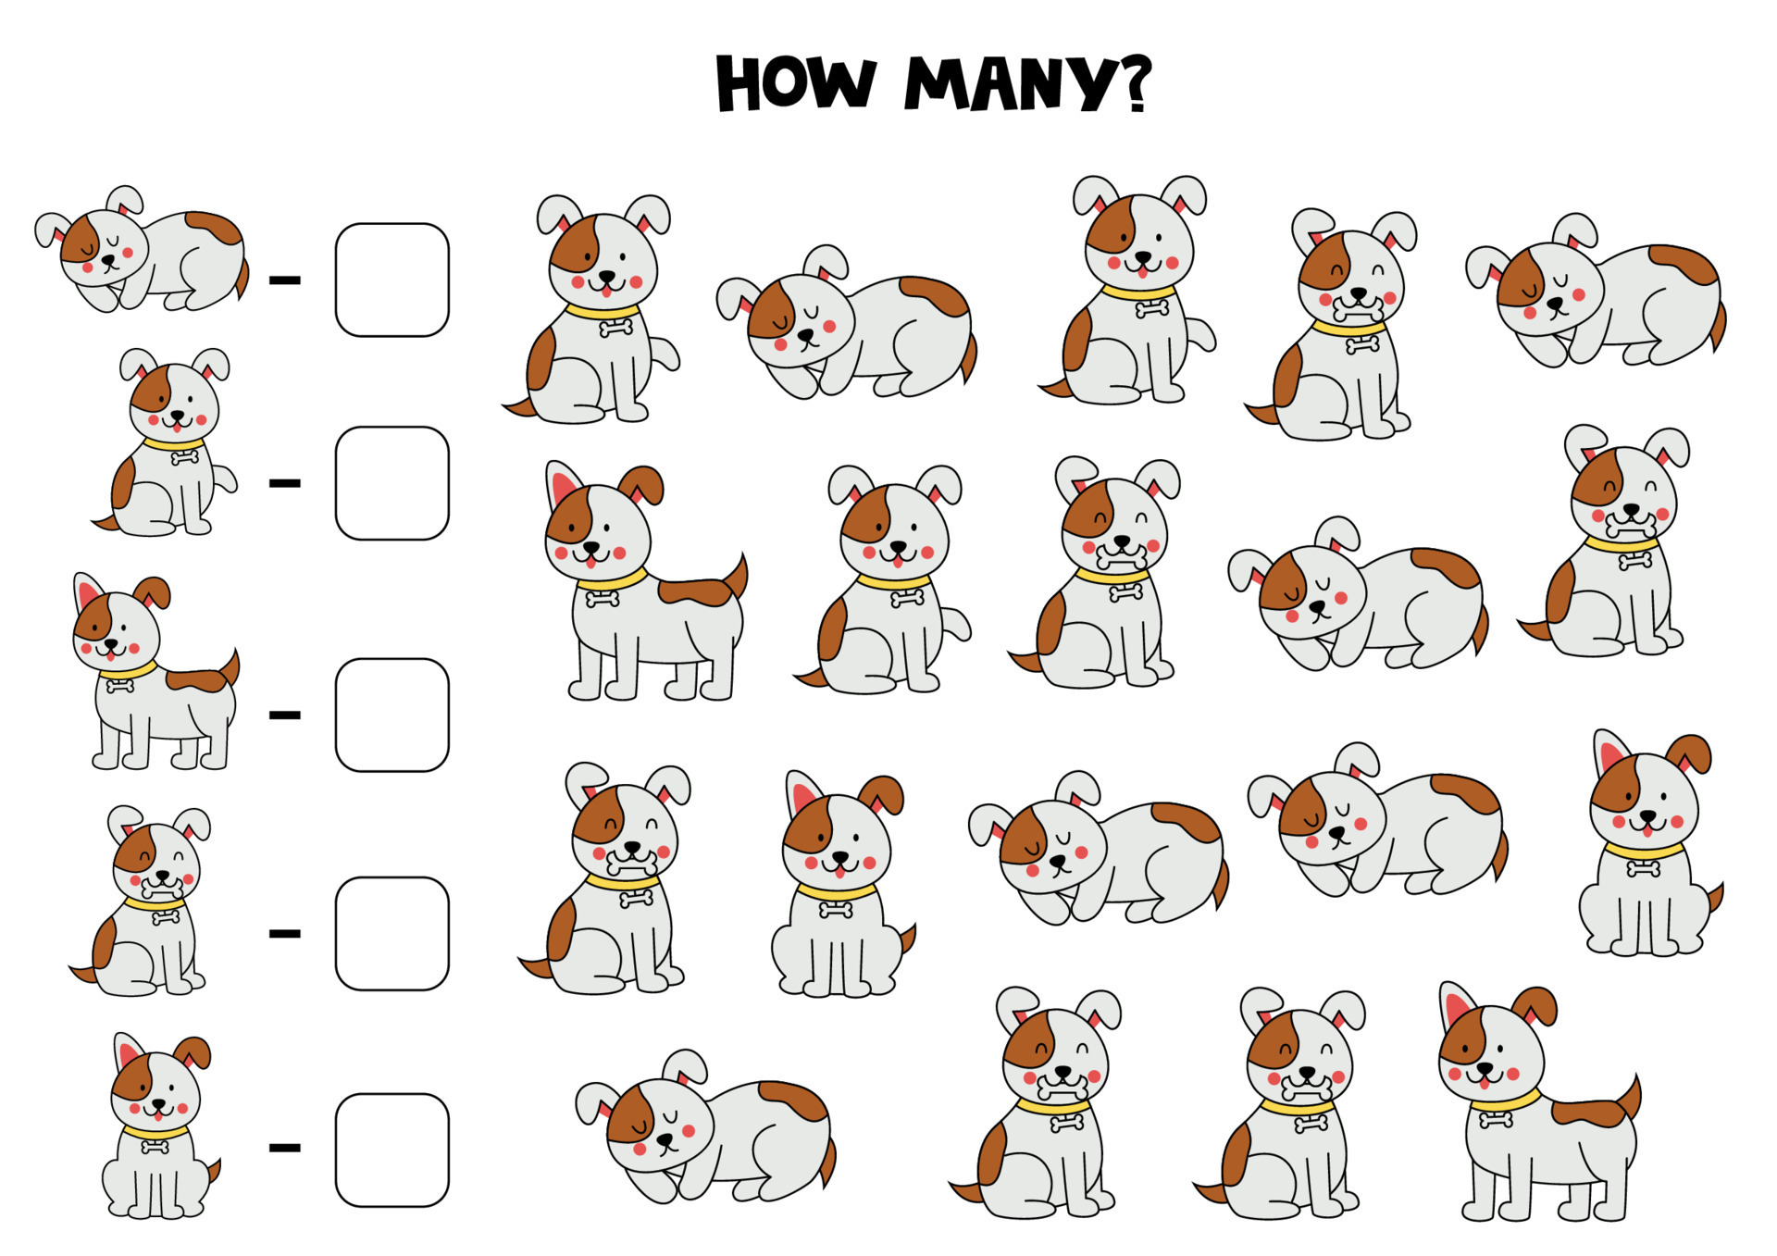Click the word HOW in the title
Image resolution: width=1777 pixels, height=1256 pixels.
click(x=795, y=84)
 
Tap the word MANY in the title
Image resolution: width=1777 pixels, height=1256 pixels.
click(x=1010, y=84)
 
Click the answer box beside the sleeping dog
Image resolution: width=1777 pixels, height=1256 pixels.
click(x=391, y=280)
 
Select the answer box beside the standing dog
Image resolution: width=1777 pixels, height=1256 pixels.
click(x=391, y=715)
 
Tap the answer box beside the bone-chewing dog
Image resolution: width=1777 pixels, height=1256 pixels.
click(x=391, y=933)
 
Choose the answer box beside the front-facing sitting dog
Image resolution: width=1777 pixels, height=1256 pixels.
click(x=391, y=1150)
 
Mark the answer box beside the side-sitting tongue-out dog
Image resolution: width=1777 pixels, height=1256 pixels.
click(x=391, y=483)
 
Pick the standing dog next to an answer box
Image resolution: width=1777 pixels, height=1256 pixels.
click(x=153, y=676)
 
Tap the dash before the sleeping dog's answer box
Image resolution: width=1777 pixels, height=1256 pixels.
click(x=285, y=280)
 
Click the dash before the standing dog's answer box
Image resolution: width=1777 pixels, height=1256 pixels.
click(x=285, y=715)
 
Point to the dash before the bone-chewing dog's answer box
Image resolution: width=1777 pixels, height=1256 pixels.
click(x=285, y=933)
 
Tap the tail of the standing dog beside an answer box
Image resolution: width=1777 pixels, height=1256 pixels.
click(x=229, y=668)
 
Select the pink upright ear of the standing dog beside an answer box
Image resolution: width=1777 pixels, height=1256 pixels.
click(x=89, y=592)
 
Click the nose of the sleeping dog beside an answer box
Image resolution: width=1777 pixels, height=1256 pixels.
click(x=108, y=261)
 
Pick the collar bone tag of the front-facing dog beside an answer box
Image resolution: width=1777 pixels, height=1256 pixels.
click(x=154, y=1148)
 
